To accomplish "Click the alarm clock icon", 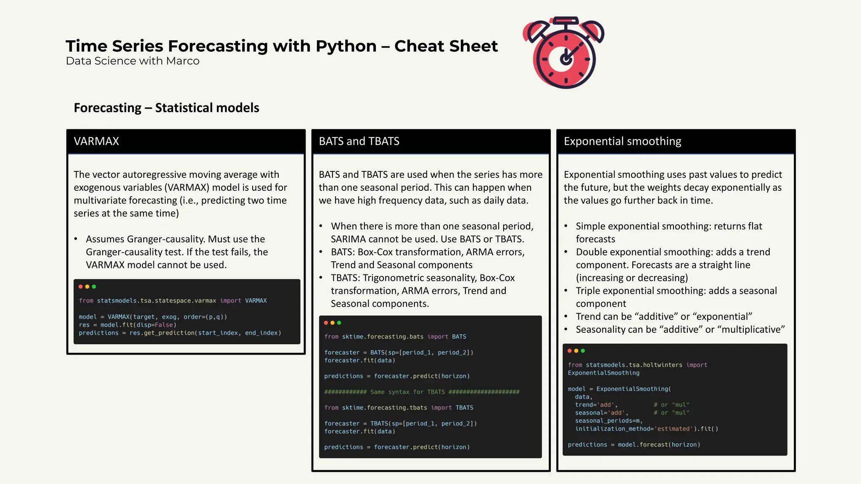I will pos(564,53).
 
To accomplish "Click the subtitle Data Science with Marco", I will pos(132,61).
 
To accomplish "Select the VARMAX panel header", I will pos(186,141).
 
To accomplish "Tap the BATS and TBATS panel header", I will pos(430,141).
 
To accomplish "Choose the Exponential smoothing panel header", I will pos(676,141).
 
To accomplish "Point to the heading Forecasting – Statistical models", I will pos(166,108).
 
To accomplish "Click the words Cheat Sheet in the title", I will pos(446,46).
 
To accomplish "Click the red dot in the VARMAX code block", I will pos(81,287).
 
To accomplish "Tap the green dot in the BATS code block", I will pos(339,323).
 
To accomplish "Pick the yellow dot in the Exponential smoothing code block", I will pos(576,351).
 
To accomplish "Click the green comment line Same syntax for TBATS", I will pos(422,392).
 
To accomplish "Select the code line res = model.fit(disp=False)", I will pos(127,325).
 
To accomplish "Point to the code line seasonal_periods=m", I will pos(609,421).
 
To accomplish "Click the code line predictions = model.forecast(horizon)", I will pos(634,445).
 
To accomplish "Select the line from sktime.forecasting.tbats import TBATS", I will pos(399,408).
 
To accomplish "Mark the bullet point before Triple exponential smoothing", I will pos(566,291).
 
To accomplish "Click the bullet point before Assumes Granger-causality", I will pos(76,239).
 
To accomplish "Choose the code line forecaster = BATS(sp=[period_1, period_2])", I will pos(399,352).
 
